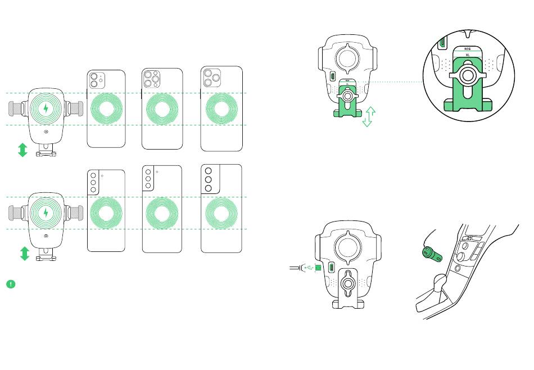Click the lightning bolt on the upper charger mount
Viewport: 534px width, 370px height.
click(x=46, y=108)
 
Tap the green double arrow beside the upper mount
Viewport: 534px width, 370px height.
click(x=22, y=150)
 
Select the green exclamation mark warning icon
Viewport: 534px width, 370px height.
click(x=11, y=283)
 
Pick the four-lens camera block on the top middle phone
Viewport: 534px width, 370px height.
click(x=151, y=80)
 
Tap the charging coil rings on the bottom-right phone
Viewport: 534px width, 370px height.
click(x=221, y=213)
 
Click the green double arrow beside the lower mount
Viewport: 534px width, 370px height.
click(x=24, y=254)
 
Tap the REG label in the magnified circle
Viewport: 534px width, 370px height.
click(x=467, y=49)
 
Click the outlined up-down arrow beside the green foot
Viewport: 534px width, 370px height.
click(x=368, y=116)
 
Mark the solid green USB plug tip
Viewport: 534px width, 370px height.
click(x=319, y=268)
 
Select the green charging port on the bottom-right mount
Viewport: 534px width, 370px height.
click(x=332, y=268)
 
